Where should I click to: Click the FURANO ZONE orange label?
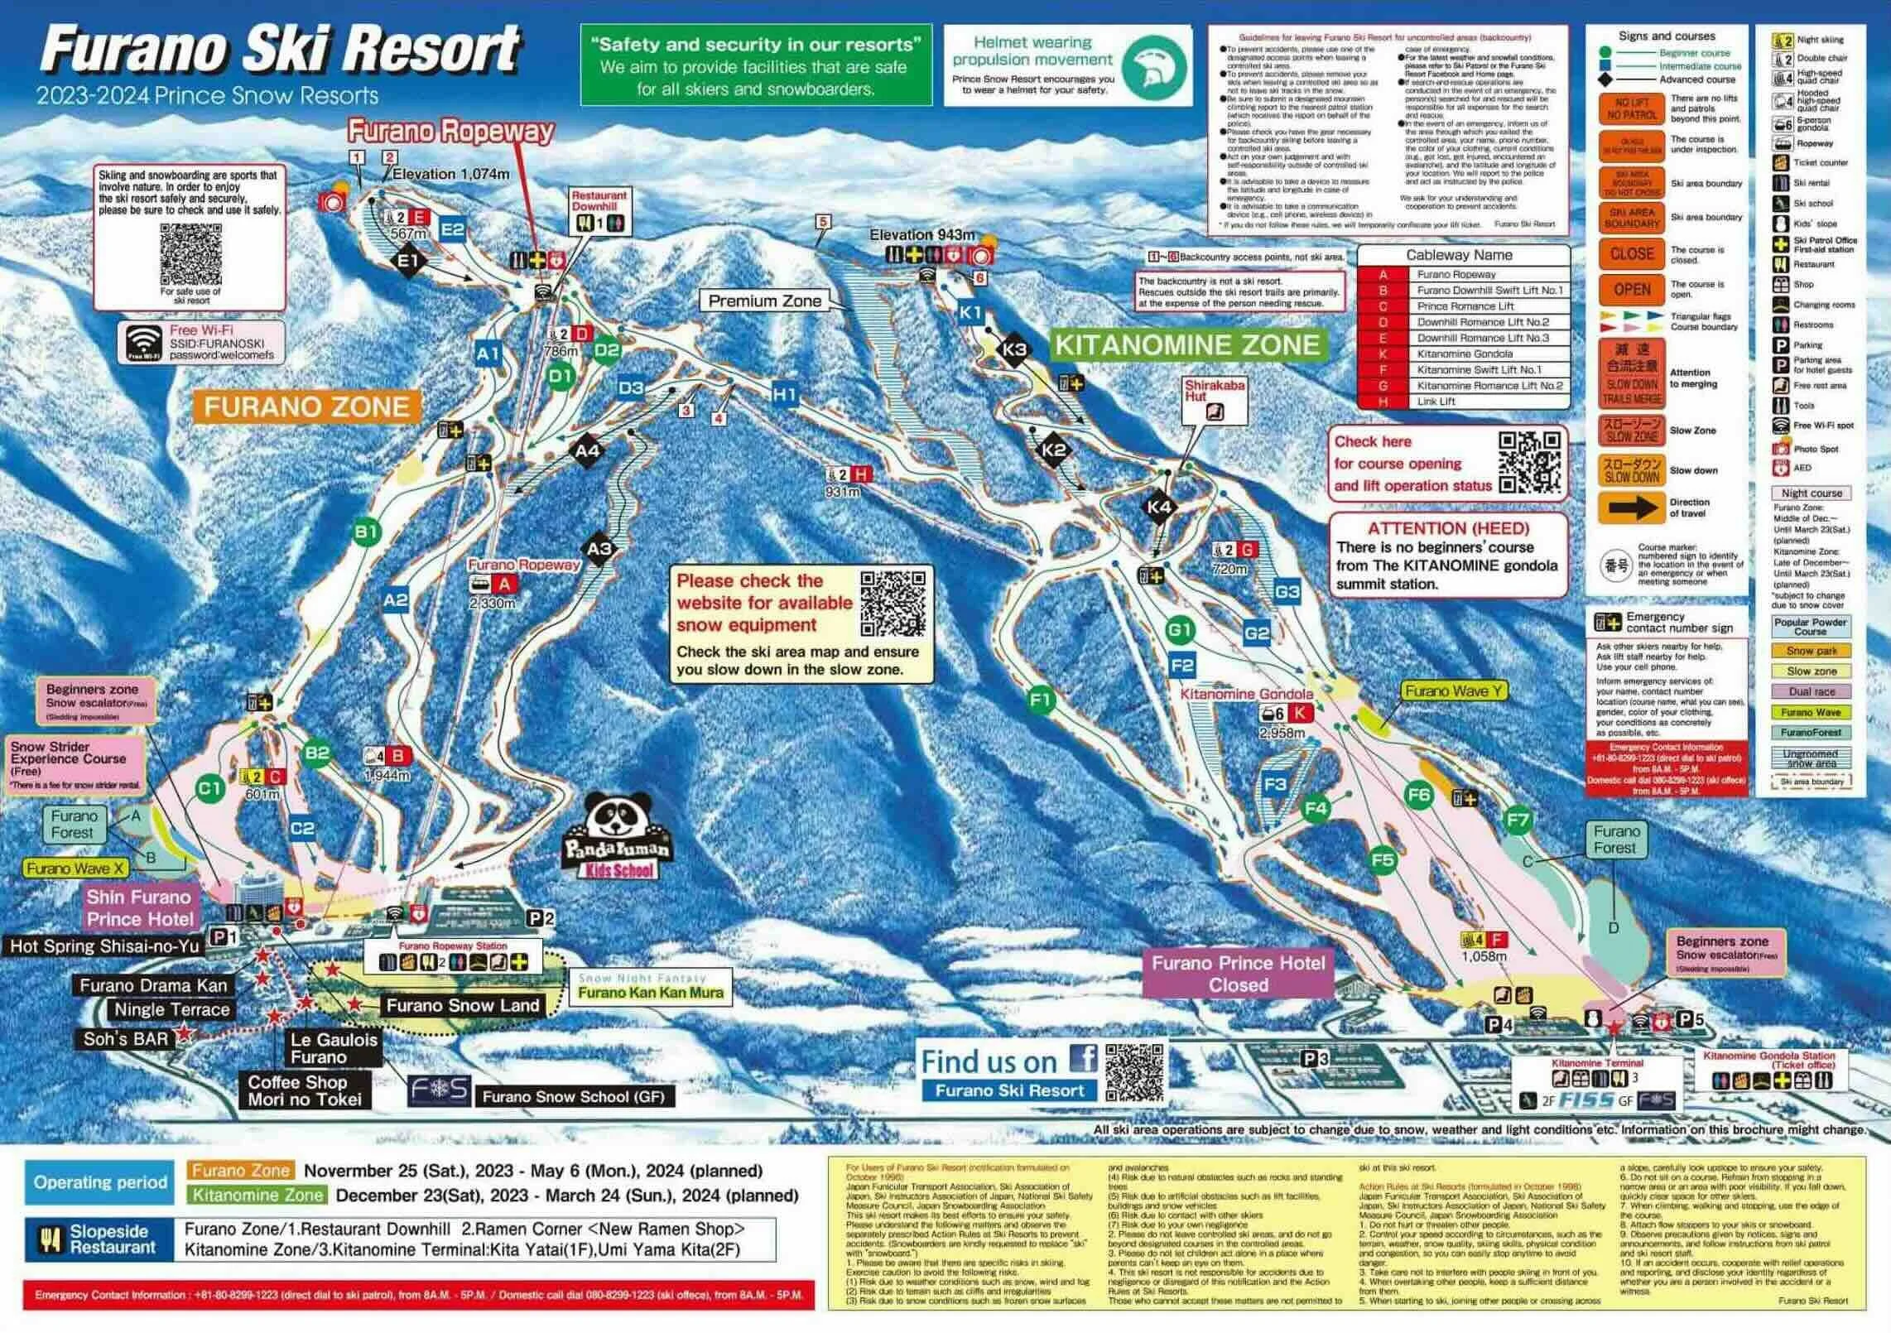pyautogui.click(x=306, y=407)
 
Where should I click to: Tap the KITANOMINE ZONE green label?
pyautogui.click(x=1187, y=344)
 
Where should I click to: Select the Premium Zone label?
pyautogui.click(x=764, y=301)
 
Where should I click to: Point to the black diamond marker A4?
pyautogui.click(x=587, y=451)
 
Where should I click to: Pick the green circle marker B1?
pyautogui.click(x=366, y=532)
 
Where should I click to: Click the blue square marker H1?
pyautogui.click(x=784, y=395)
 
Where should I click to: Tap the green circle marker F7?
pyautogui.click(x=1518, y=820)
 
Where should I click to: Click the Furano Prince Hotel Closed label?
pyautogui.click(x=1238, y=974)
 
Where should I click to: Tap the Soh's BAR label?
pyautogui.click(x=126, y=1038)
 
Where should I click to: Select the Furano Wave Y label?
pyautogui.click(x=1453, y=691)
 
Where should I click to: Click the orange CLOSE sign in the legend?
pyautogui.click(x=1631, y=254)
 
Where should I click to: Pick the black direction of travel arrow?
pyautogui.click(x=1631, y=508)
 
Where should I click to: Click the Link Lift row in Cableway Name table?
pyautogui.click(x=1463, y=402)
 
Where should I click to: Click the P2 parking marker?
pyautogui.click(x=541, y=917)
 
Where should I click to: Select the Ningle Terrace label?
pyautogui.click(x=171, y=1009)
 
